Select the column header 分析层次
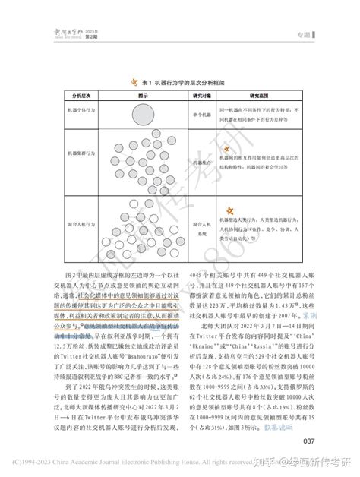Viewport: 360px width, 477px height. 79,97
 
